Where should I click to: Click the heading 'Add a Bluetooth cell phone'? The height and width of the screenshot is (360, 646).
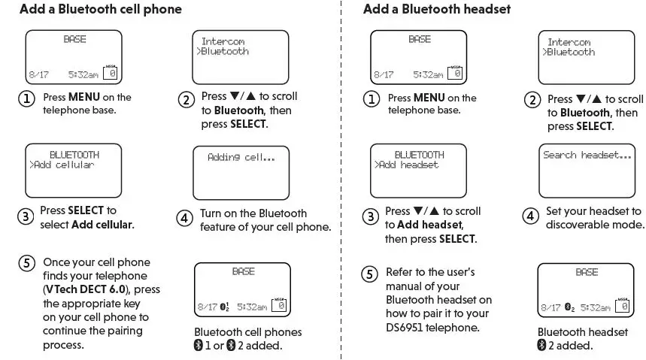[x=100, y=10]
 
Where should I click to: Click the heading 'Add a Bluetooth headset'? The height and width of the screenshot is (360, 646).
[x=437, y=10]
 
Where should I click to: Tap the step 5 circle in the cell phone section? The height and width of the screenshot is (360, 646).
[x=26, y=263]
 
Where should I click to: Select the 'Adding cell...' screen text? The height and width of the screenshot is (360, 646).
[x=241, y=158]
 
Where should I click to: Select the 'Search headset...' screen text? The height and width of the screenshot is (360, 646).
[x=587, y=156]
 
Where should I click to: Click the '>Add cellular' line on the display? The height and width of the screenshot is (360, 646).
[x=62, y=165]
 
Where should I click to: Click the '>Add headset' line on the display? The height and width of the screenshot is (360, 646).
[x=407, y=165]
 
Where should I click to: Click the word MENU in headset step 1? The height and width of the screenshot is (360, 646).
[x=429, y=98]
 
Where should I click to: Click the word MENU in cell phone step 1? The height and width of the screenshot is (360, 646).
[x=84, y=97]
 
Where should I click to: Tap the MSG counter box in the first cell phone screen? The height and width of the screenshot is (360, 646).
[x=112, y=73]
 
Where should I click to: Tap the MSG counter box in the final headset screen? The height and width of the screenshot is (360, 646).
[x=623, y=306]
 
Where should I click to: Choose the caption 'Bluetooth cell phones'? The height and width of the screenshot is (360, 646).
[x=247, y=332]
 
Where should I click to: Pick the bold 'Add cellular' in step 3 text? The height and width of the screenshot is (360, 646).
[x=102, y=225]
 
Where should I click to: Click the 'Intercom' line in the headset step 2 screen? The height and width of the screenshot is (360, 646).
[x=569, y=43]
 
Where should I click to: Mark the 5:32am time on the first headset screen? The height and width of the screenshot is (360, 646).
[x=428, y=75]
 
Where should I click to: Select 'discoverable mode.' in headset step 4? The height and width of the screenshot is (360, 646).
[x=595, y=225]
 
